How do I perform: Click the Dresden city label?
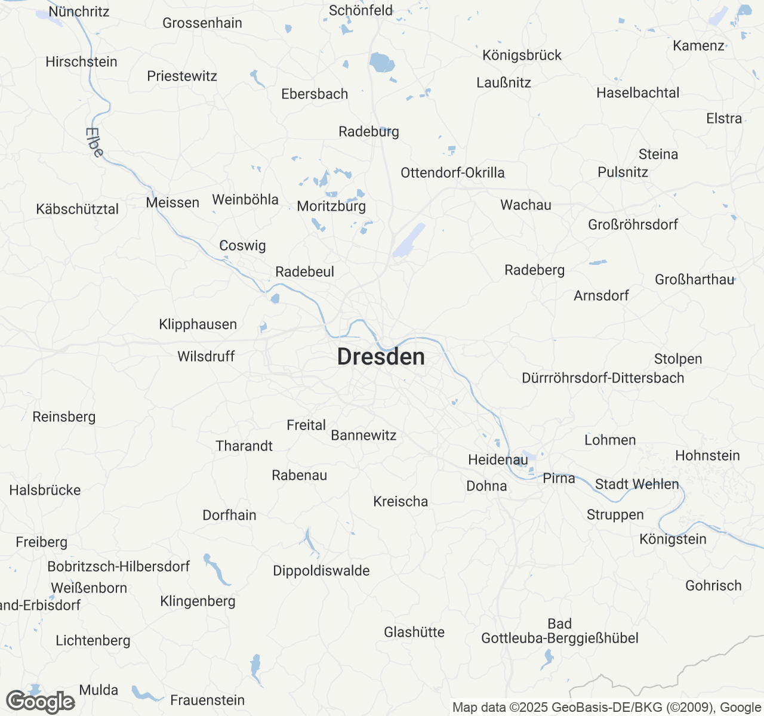[381, 357]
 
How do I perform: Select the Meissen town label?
[172, 202]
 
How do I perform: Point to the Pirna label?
[559, 478]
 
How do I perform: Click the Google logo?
[41, 702]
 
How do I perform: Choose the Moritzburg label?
[331, 206]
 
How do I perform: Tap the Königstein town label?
[673, 539]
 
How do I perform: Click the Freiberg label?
[41, 542]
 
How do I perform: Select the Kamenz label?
[698, 46]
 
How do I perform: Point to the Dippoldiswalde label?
[321, 571]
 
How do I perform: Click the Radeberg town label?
[534, 270]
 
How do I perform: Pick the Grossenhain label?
[202, 23]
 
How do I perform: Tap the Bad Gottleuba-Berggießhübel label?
[560, 631]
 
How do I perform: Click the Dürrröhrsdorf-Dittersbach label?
[603, 378]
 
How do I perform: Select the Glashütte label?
[414, 632]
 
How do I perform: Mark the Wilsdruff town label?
[206, 357]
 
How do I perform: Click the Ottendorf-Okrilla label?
[452, 173]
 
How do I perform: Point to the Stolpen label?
[678, 359]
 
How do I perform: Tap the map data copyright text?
[606, 708]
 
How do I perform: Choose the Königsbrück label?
[522, 55]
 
